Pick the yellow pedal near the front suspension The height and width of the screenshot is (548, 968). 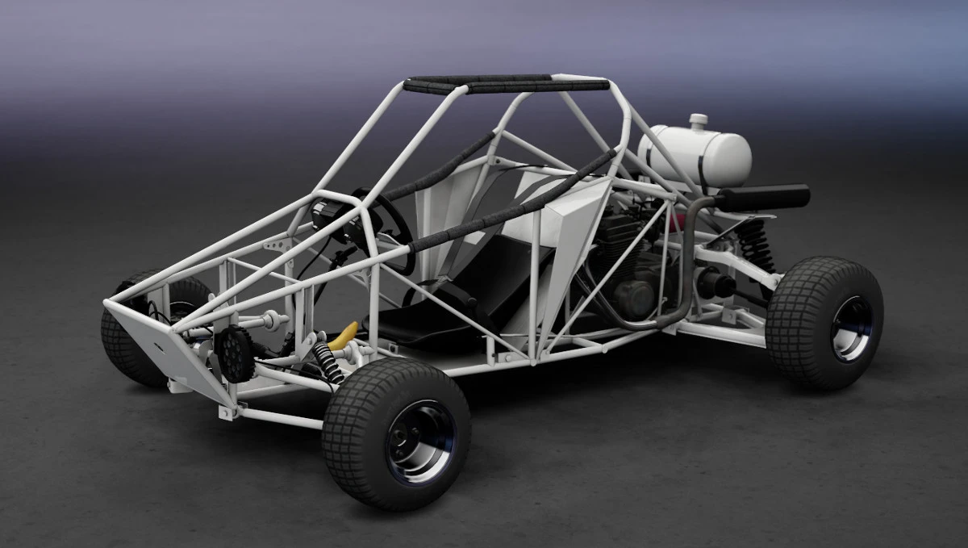pyautogui.click(x=347, y=333)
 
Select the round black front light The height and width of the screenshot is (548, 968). pyautogui.click(x=235, y=353)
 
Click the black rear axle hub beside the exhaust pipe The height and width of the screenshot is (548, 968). pyautogui.click(x=714, y=284)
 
